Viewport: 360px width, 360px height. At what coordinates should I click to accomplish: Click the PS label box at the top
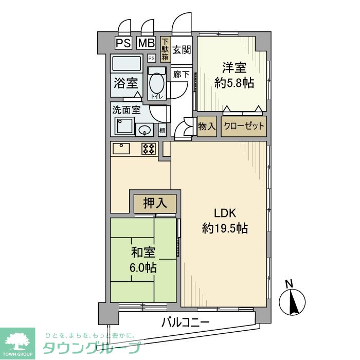tap(123, 42)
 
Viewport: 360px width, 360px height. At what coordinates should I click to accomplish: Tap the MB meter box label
tap(146, 42)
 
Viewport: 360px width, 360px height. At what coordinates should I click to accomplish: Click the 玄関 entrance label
tap(182, 50)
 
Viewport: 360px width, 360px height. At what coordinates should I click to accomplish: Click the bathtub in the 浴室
tap(127, 65)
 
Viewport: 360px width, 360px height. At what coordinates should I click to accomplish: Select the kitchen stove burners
tap(149, 149)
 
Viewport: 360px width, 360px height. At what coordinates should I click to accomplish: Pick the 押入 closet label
tap(155, 203)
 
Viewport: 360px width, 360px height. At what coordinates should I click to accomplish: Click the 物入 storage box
tap(207, 126)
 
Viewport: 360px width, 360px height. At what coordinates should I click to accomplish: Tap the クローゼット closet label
tap(244, 126)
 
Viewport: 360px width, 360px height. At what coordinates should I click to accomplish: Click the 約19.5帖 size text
tap(225, 228)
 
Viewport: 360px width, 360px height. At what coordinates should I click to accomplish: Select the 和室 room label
tap(143, 253)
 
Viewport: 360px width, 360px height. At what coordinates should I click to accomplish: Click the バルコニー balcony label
tap(185, 323)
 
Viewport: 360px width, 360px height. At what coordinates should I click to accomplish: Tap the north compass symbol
tap(292, 300)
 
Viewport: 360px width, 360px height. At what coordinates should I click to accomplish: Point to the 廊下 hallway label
tap(182, 74)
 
